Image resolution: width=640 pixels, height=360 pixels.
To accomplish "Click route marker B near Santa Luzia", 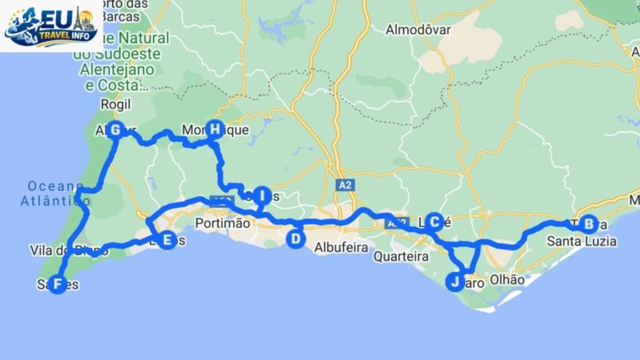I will pos(587,224).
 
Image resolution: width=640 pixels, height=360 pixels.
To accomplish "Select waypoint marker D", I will pos(296,239).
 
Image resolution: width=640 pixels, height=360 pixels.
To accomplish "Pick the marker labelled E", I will pos(166,240).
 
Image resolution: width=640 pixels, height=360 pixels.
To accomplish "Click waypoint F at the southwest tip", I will pos(57,284).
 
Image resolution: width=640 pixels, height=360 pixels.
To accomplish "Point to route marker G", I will pos(115,130).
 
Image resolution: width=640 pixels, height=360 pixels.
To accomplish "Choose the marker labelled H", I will pos(215,129).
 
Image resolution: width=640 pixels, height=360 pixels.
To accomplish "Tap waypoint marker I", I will pos(261,196).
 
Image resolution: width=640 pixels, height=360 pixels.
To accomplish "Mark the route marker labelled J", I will pos(454,282).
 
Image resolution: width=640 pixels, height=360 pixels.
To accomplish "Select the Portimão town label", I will pos(222,223).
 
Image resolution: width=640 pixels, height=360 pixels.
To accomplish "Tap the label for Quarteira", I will pos(401,256).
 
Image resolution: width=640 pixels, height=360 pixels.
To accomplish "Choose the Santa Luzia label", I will pos(581,241).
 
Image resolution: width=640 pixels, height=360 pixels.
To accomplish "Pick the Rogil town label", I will pos(116,104).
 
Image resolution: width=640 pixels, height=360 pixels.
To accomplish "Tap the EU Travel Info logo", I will pos(51,26).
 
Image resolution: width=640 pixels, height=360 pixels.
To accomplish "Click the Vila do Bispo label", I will pos(69,251).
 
